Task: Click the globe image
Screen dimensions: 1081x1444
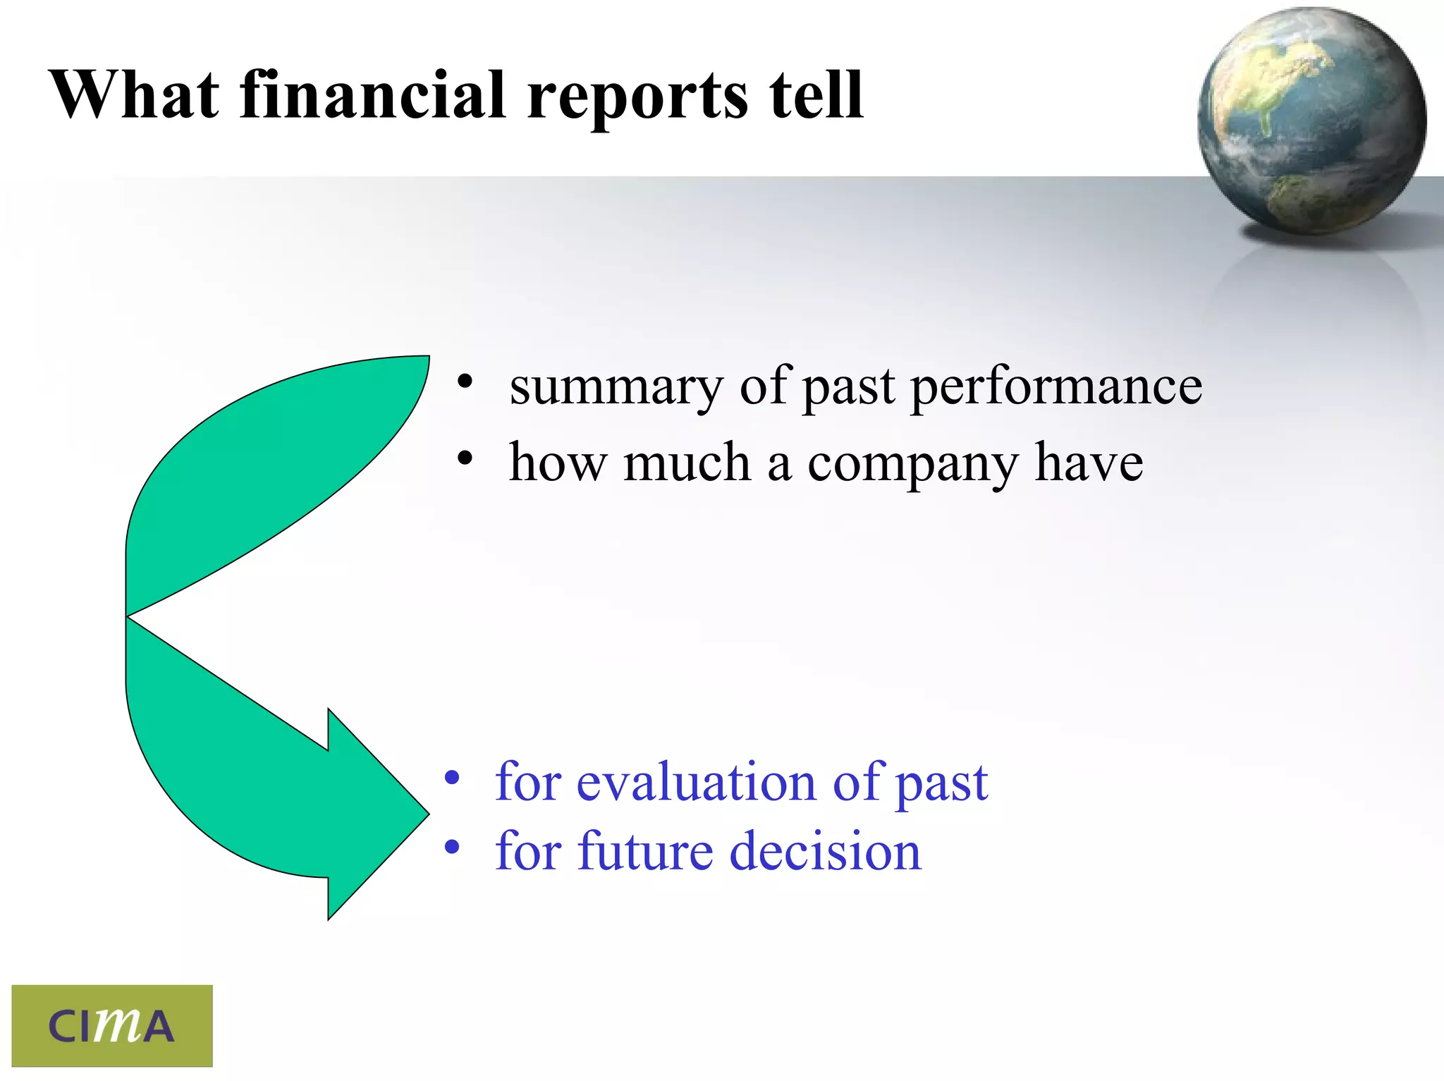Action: click(x=1311, y=121)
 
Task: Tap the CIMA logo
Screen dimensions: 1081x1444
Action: click(x=112, y=1025)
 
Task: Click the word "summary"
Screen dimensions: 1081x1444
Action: click(x=616, y=389)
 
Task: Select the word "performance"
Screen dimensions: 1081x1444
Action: click(x=1056, y=389)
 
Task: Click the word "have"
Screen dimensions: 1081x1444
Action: click(x=1089, y=464)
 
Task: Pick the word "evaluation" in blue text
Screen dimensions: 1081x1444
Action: click(x=695, y=782)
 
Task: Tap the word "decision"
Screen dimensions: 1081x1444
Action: click(x=825, y=852)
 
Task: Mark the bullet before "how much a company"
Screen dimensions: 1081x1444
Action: click(x=464, y=459)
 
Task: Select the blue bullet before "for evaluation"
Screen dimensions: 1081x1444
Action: click(x=451, y=778)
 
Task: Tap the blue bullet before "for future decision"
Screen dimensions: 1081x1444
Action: click(x=451, y=847)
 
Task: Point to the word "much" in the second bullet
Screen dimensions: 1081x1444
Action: click(x=687, y=464)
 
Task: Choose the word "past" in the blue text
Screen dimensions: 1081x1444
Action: click(x=942, y=785)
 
